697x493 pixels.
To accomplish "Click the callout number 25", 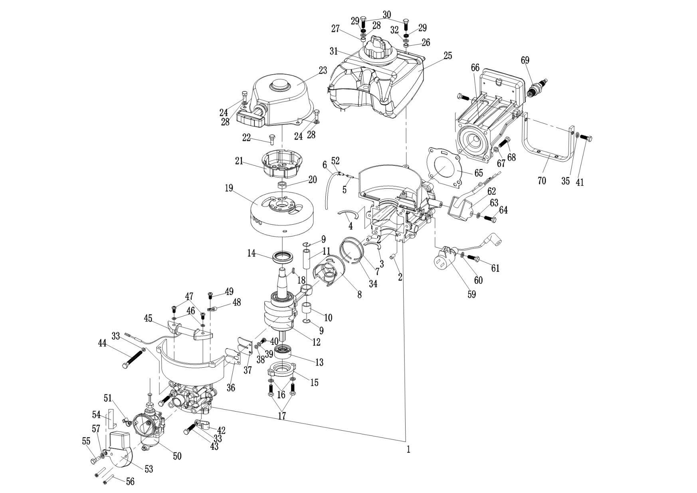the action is pos(448,56).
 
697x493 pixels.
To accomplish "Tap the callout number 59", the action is pos(471,294).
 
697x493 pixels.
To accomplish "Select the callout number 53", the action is pos(149,469).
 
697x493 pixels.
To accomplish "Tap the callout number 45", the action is pos(148,319).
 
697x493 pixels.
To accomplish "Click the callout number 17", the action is pos(282,416).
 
